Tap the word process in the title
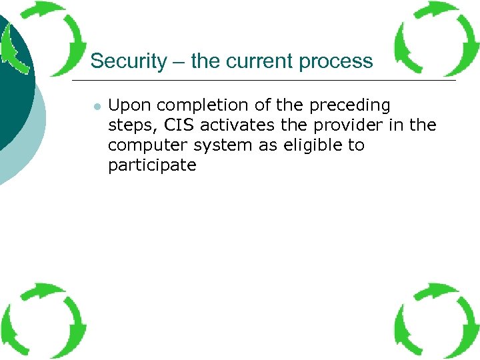coord(336,61)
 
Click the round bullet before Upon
coord(97,107)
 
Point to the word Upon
coord(127,105)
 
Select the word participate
coord(152,166)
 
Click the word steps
coord(130,126)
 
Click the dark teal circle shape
coord(13,87)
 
